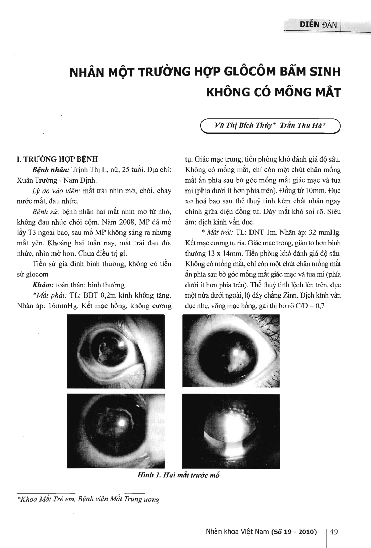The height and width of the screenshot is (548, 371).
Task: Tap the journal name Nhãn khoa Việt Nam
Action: point(237,532)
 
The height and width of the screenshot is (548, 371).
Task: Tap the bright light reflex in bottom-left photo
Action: point(121,422)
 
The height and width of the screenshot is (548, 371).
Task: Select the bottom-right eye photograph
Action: point(231,430)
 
